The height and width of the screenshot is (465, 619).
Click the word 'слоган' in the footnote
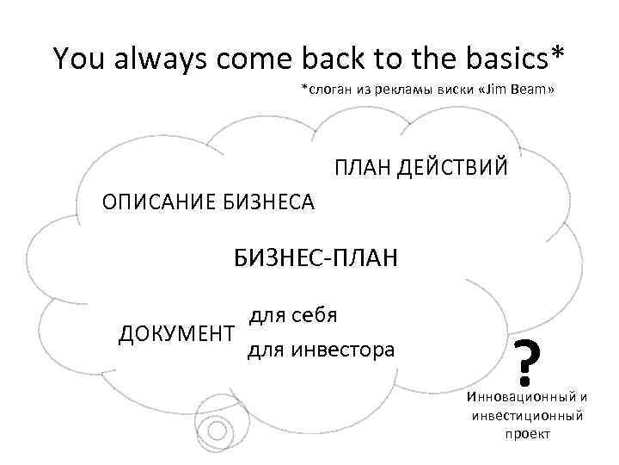pos(330,90)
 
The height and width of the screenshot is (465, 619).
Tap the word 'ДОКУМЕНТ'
pos(175,333)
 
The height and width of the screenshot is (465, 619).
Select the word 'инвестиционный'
pos(527,416)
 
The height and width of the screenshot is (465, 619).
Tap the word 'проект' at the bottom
pos(527,434)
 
